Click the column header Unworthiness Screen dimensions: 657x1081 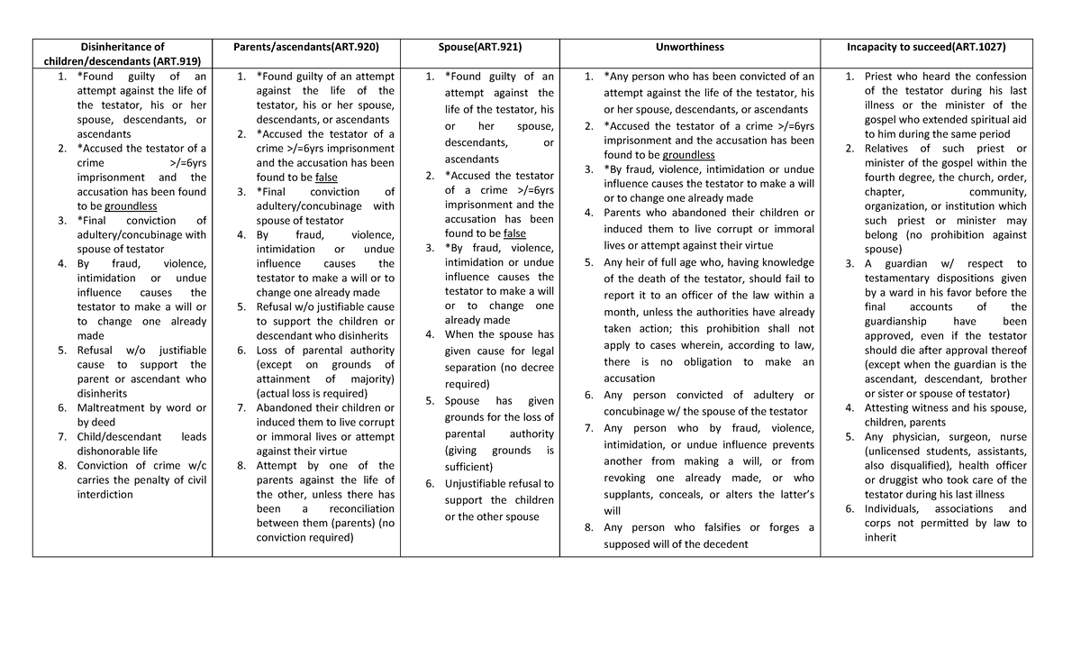(690, 47)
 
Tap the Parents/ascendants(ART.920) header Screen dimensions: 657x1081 (305, 47)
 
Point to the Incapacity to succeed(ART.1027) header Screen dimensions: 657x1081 (938, 47)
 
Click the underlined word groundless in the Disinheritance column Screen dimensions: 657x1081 (131, 206)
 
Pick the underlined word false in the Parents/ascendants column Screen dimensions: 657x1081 (326, 178)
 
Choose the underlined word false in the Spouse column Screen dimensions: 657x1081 (514, 233)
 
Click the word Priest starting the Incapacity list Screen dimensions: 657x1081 (880, 77)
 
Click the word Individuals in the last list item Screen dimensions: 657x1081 (895, 509)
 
